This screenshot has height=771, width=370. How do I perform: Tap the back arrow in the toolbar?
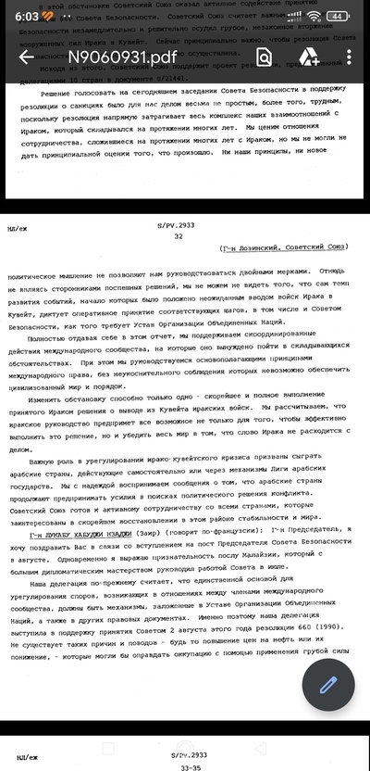26,57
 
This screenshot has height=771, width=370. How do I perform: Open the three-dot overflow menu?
350,57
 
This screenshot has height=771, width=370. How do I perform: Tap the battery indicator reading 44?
338,16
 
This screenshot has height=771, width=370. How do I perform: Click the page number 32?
179,236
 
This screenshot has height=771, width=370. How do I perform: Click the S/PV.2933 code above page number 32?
180,224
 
